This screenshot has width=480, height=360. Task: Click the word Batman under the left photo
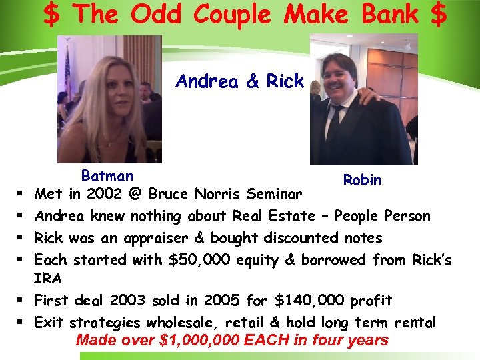pos(107,176)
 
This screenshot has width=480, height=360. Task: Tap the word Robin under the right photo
pos(362,179)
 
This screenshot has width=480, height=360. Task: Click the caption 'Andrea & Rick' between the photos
pos(239,81)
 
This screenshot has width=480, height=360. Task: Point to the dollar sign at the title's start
pos(50,15)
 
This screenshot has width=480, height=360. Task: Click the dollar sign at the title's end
pos(438,15)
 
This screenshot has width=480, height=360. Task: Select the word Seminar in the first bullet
pos(274,194)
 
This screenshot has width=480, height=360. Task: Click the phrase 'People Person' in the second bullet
pos(383,216)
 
